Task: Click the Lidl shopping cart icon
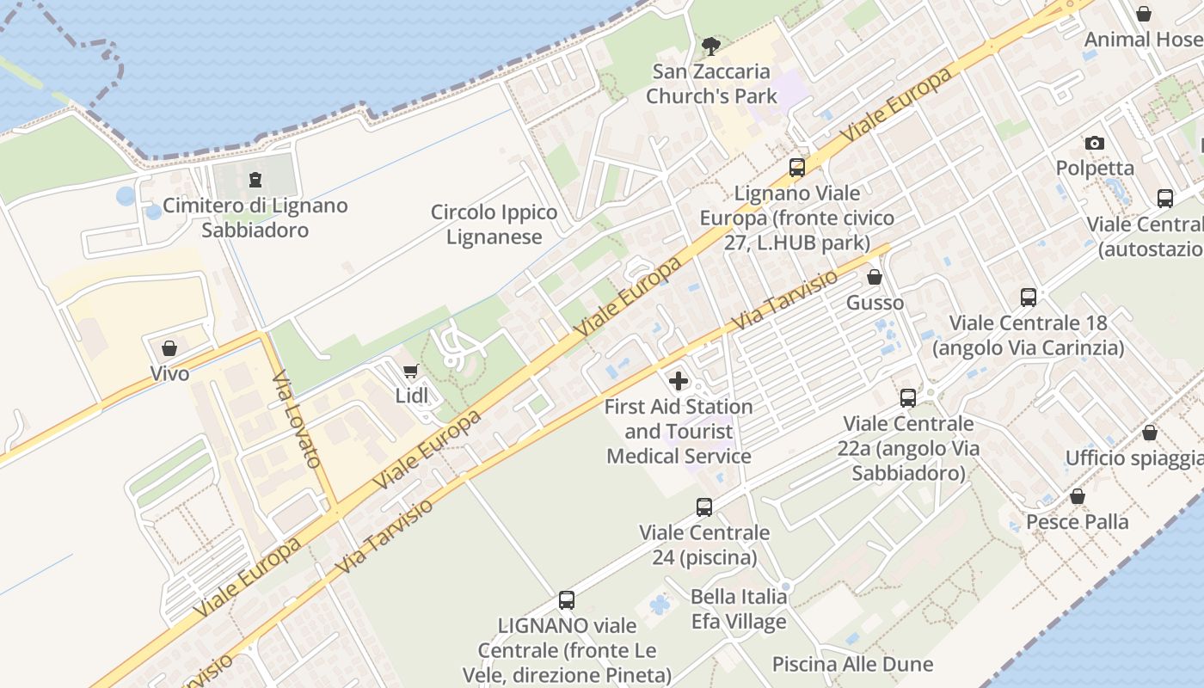(x=410, y=372)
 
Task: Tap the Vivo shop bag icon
(x=169, y=348)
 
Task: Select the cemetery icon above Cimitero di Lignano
(x=255, y=180)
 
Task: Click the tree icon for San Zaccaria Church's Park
(x=710, y=46)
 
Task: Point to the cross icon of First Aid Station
(x=679, y=380)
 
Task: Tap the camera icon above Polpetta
(x=1094, y=143)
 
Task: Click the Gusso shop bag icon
(x=875, y=277)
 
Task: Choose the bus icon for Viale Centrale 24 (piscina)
(x=704, y=507)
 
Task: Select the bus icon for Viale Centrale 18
(x=1029, y=298)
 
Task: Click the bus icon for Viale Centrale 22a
(x=908, y=398)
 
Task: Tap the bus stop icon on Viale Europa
(x=797, y=168)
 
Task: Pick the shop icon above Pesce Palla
(x=1078, y=496)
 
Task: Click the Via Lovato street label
(x=297, y=419)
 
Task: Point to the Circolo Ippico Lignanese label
(x=494, y=224)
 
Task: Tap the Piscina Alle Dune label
(x=852, y=664)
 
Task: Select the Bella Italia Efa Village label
(x=739, y=609)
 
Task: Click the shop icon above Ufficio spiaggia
(x=1150, y=433)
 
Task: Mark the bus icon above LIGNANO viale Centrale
(x=567, y=600)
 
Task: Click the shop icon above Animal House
(x=1144, y=14)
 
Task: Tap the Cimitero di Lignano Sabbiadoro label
(x=255, y=218)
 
